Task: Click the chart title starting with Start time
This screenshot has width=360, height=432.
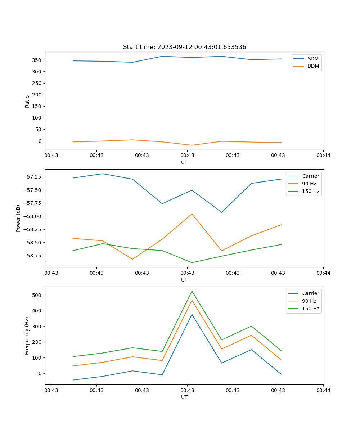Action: point(184,47)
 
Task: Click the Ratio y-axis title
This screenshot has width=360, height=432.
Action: point(27,102)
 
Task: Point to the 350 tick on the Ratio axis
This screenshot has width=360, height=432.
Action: point(38,60)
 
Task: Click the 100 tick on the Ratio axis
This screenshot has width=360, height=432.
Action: point(38,118)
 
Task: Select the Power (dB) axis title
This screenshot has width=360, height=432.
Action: point(18,218)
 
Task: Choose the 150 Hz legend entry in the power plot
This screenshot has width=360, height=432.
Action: point(311,191)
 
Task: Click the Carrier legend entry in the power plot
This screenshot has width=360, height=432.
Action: point(311,176)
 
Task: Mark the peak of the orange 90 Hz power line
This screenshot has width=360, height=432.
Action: point(192,214)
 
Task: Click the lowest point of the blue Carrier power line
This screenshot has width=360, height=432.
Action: point(221,212)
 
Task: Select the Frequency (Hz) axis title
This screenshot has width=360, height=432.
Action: point(27,336)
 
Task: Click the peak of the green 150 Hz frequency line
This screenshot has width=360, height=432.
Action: point(192,291)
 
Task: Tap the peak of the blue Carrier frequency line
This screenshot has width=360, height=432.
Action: point(192,314)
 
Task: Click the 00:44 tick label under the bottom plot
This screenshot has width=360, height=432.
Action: point(323,390)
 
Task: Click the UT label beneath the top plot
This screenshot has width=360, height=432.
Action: point(184,162)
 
